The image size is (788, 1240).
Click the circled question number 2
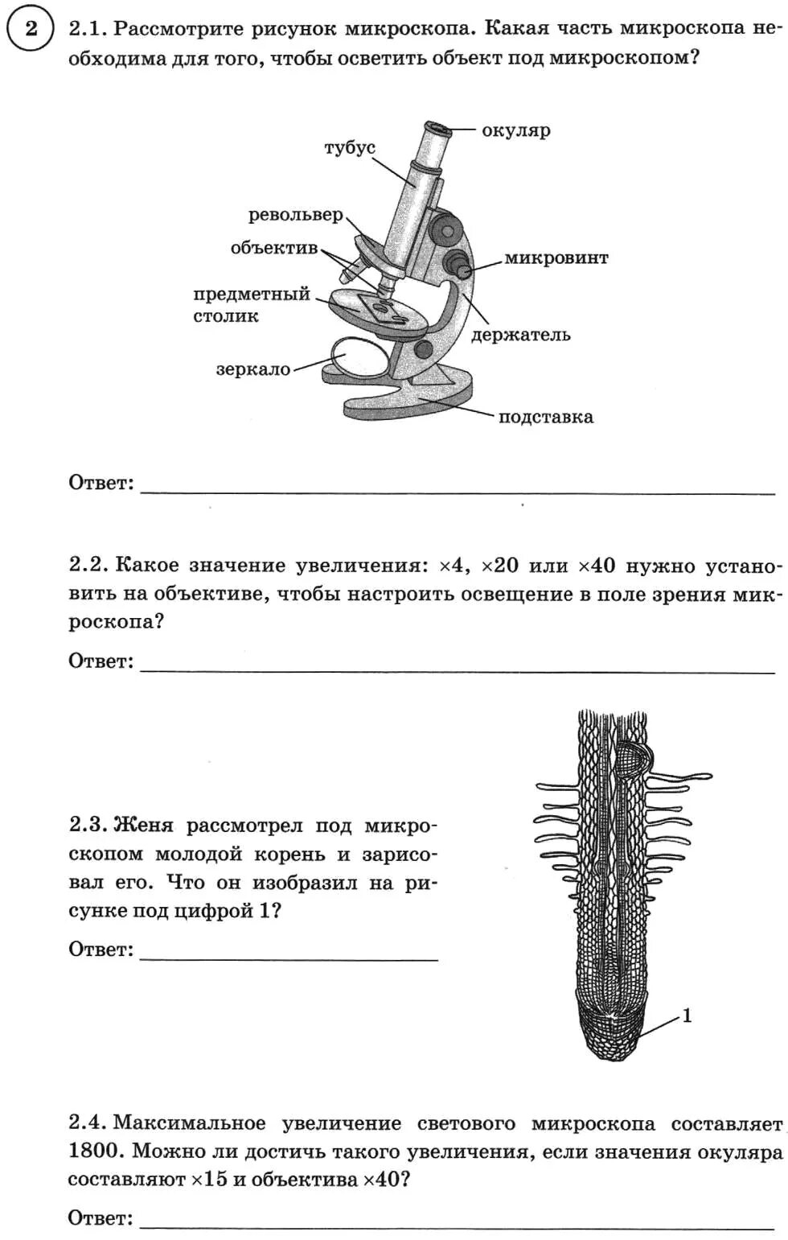[30, 30]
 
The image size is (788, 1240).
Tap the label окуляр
[515, 130]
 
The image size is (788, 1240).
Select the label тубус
[350, 148]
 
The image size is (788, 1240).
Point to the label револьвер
[295, 215]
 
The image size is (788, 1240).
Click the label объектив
[274, 248]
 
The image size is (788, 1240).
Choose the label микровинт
[556, 258]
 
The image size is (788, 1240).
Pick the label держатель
[520, 335]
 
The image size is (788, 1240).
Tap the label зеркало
[252, 369]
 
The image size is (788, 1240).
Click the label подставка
[545, 417]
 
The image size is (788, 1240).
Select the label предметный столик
[251, 305]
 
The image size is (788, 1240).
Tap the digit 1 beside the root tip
[687, 1015]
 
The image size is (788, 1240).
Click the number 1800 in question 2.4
[94, 1151]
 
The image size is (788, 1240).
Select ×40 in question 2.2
[596, 566]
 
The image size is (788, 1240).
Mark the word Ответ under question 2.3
[101, 950]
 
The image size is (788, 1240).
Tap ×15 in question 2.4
[210, 1180]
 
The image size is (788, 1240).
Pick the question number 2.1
[87, 29]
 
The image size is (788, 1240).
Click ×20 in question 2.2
[499, 566]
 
